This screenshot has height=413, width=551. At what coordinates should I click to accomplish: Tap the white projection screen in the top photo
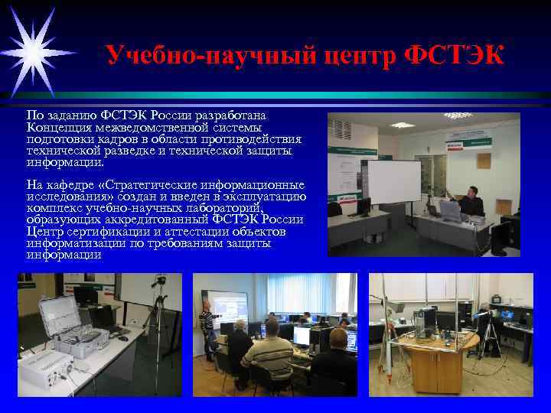point(394,182)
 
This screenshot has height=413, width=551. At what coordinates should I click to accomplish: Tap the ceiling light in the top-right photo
point(403,124)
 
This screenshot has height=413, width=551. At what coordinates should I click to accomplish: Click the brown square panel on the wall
point(483,160)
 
